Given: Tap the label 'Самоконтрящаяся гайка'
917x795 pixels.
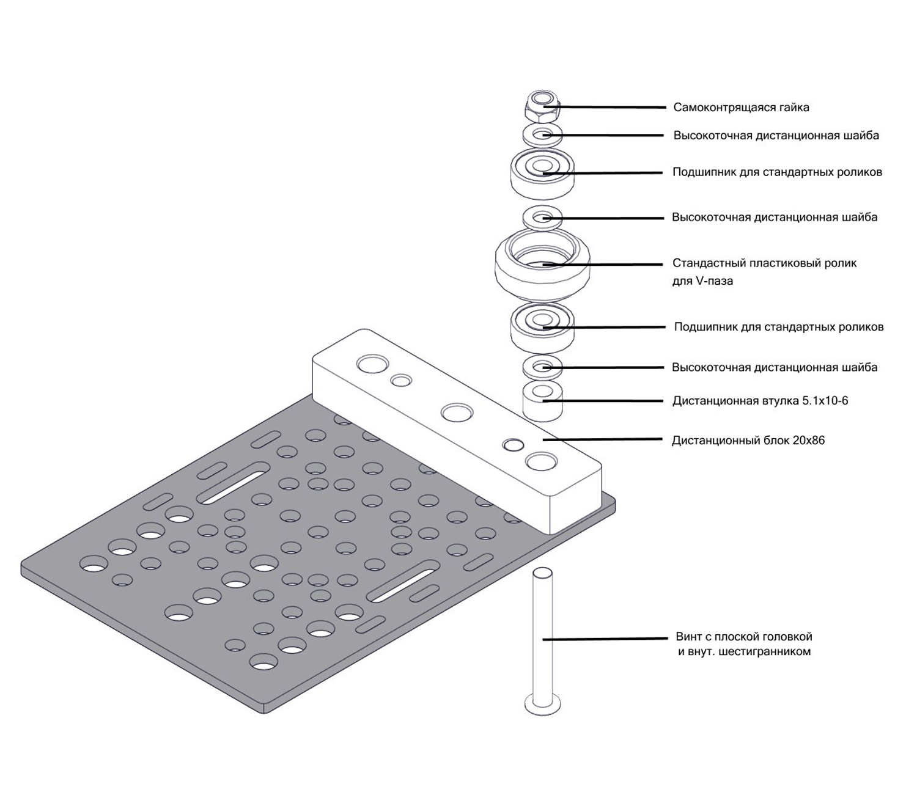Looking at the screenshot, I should [741, 108].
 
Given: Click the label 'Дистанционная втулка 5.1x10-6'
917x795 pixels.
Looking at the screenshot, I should [760, 401].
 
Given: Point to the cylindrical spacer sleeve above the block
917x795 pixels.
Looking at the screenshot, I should [542, 403].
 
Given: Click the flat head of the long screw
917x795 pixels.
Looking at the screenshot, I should [543, 705].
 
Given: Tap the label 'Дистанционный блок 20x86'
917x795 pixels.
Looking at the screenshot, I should [748, 441].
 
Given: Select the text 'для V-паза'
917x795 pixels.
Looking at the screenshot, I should [702, 282].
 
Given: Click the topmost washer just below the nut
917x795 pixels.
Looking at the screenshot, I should [542, 134].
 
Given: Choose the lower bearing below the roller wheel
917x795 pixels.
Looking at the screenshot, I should [542, 327].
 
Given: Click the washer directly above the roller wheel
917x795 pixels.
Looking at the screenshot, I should [542, 217].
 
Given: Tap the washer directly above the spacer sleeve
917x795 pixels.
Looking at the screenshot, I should [542, 367].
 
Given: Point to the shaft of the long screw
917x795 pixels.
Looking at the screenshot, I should [543, 636].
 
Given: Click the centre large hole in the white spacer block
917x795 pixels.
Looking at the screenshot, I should [457, 412].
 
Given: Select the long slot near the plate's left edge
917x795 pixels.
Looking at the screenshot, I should [233, 483].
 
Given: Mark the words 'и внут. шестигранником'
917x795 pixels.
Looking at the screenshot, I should [744, 652].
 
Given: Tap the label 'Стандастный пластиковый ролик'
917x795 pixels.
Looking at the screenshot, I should [764, 263].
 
